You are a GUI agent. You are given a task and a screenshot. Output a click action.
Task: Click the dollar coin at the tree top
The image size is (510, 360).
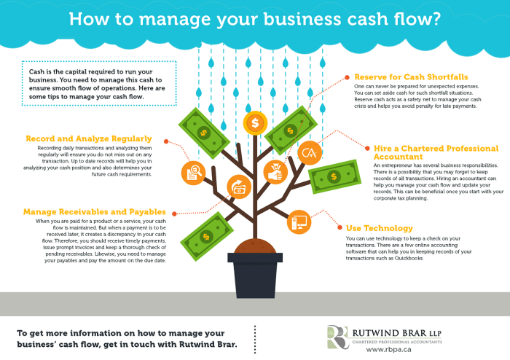254,122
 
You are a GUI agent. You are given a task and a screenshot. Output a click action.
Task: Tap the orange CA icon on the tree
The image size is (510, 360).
309,152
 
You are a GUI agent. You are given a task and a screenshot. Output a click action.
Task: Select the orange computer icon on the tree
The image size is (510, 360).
299,219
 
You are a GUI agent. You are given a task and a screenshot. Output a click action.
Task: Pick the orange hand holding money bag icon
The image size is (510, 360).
275,173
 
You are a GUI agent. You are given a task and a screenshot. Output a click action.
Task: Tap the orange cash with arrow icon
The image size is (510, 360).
238,187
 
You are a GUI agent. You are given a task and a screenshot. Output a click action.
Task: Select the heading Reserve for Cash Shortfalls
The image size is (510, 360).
411,76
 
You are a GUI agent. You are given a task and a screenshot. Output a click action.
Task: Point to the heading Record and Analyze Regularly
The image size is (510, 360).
88,138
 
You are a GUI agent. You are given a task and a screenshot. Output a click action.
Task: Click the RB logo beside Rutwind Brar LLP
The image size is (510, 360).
337,337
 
